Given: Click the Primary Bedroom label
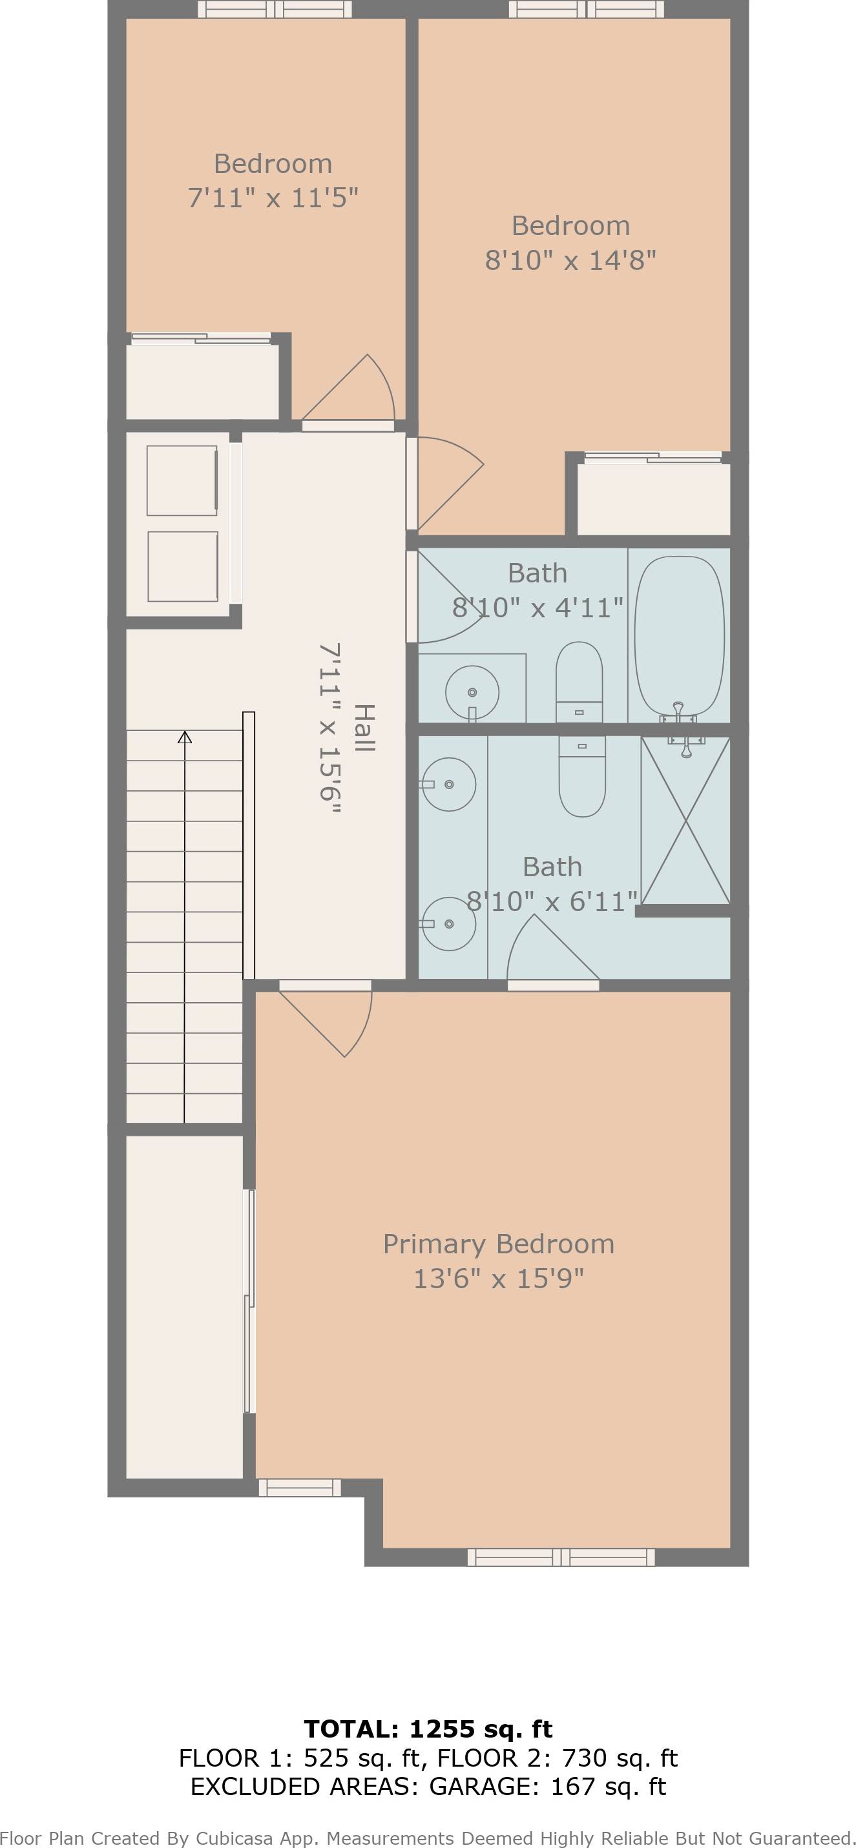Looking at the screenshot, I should point(498,1244).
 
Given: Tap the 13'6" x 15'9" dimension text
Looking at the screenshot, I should point(498,1278).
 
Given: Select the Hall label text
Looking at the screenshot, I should point(364,728).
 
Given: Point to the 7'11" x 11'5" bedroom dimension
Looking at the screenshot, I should point(273,198).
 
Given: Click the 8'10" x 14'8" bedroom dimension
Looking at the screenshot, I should point(570,260).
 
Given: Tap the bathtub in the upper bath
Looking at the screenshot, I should point(679,635).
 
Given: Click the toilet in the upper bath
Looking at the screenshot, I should point(579,680).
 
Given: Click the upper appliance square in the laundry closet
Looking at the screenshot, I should point(182,480).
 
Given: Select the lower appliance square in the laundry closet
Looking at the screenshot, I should point(182,566).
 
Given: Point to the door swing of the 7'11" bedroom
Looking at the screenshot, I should point(359,391).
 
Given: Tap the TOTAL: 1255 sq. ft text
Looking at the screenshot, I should point(428,1729).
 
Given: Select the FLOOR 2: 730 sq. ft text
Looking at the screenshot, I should point(558,1758).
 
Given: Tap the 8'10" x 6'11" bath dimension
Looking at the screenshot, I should point(552,901).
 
